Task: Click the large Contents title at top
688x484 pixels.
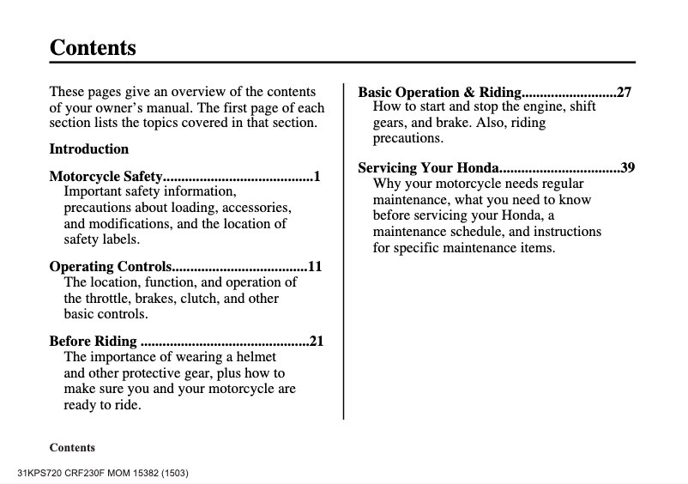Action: [93, 47]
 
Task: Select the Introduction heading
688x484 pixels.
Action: [89, 148]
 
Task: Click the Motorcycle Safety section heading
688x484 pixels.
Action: [106, 177]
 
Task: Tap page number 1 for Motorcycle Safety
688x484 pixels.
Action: [317, 177]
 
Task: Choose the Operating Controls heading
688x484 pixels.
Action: [111, 266]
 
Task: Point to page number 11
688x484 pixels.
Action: [315, 266]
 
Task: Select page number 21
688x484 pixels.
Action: [316, 341]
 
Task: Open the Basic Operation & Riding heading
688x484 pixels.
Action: [439, 92]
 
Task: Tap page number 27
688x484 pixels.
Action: [625, 92]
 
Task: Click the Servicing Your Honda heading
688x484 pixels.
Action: [428, 167]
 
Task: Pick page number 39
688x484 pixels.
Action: [627, 167]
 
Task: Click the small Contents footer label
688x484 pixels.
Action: [72, 447]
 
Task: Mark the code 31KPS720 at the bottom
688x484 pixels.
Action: [39, 473]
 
